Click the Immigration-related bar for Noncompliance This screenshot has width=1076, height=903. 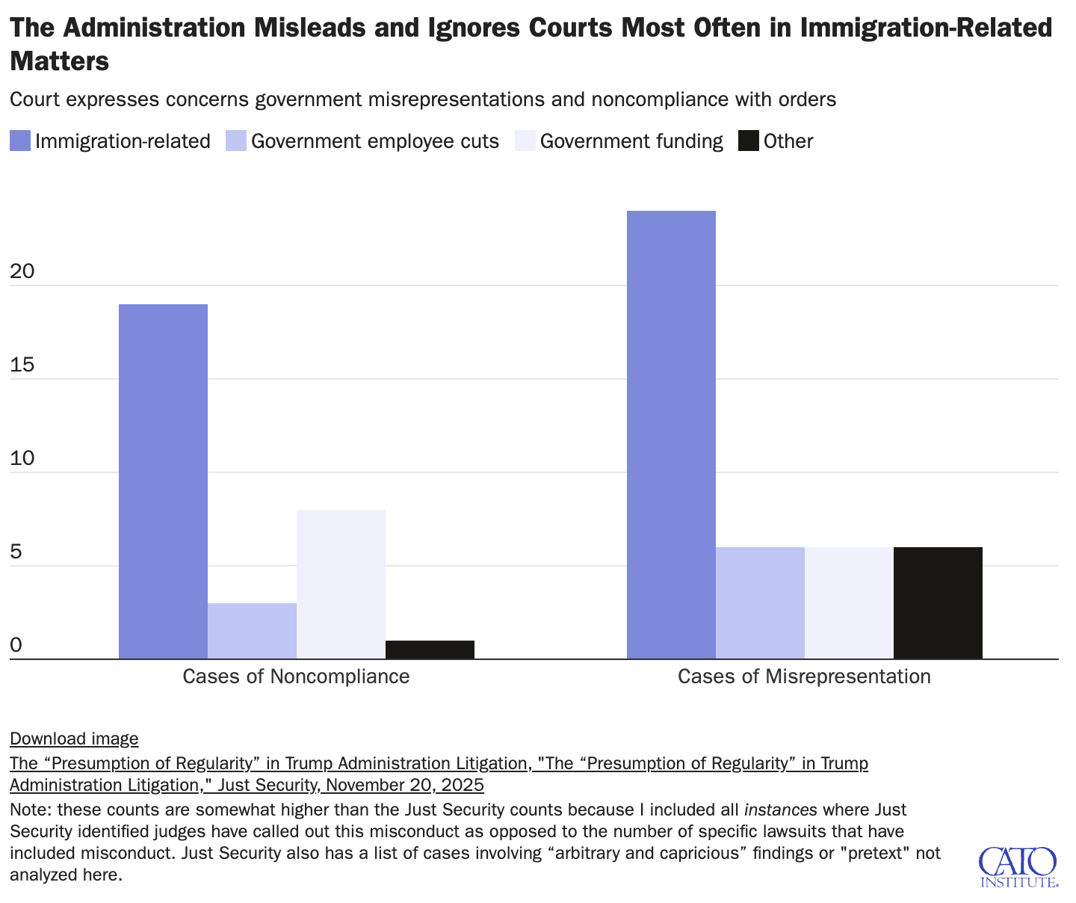click(x=163, y=481)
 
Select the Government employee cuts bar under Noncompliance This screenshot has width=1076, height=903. click(x=252, y=631)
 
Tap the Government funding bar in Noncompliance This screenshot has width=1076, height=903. click(x=341, y=584)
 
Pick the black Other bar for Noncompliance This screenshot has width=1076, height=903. click(x=430, y=650)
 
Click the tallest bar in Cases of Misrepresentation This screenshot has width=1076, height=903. click(x=671, y=434)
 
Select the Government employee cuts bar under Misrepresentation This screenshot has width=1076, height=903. click(x=760, y=602)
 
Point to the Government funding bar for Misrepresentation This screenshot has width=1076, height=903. click(x=849, y=602)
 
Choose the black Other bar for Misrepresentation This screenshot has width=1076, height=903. click(x=938, y=602)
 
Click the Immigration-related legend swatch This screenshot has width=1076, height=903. click(x=20, y=141)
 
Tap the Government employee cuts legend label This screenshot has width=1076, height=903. click(x=374, y=141)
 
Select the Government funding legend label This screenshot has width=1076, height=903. click(x=631, y=141)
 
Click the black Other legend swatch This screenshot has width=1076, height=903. click(x=748, y=141)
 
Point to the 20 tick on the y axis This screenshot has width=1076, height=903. click(x=22, y=271)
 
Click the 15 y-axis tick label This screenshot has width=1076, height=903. click(x=22, y=365)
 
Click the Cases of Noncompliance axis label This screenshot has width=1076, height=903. click(x=296, y=677)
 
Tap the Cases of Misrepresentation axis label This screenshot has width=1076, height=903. click(x=804, y=677)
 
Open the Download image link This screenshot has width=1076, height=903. click(x=74, y=739)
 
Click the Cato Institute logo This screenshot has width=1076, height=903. click(x=1018, y=866)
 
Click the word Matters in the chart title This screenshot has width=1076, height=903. click(x=60, y=61)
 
